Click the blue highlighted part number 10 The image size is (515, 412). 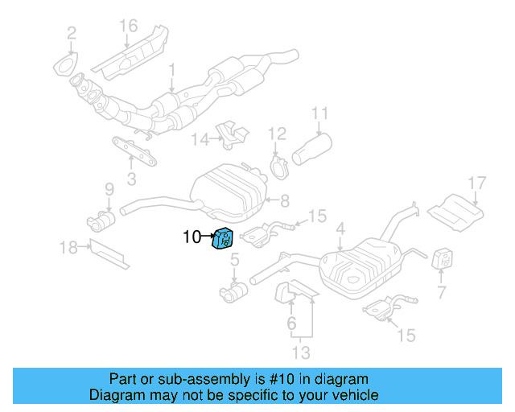click(x=222, y=239)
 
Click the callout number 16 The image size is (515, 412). click(x=129, y=27)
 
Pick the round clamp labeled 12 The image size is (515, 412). click(x=278, y=169)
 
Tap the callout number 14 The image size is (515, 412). click(x=199, y=140)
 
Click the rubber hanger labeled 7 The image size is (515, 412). click(x=443, y=262)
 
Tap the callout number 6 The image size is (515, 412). click(x=292, y=324)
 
